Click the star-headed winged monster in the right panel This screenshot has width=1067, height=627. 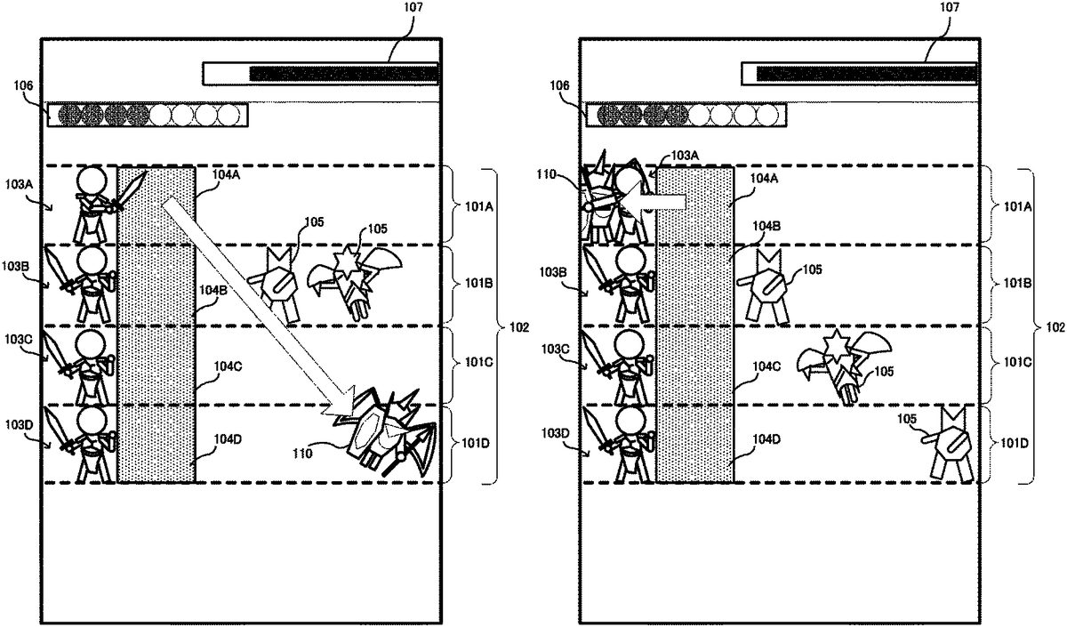(x=841, y=364)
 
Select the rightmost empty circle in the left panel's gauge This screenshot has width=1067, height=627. (x=229, y=115)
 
